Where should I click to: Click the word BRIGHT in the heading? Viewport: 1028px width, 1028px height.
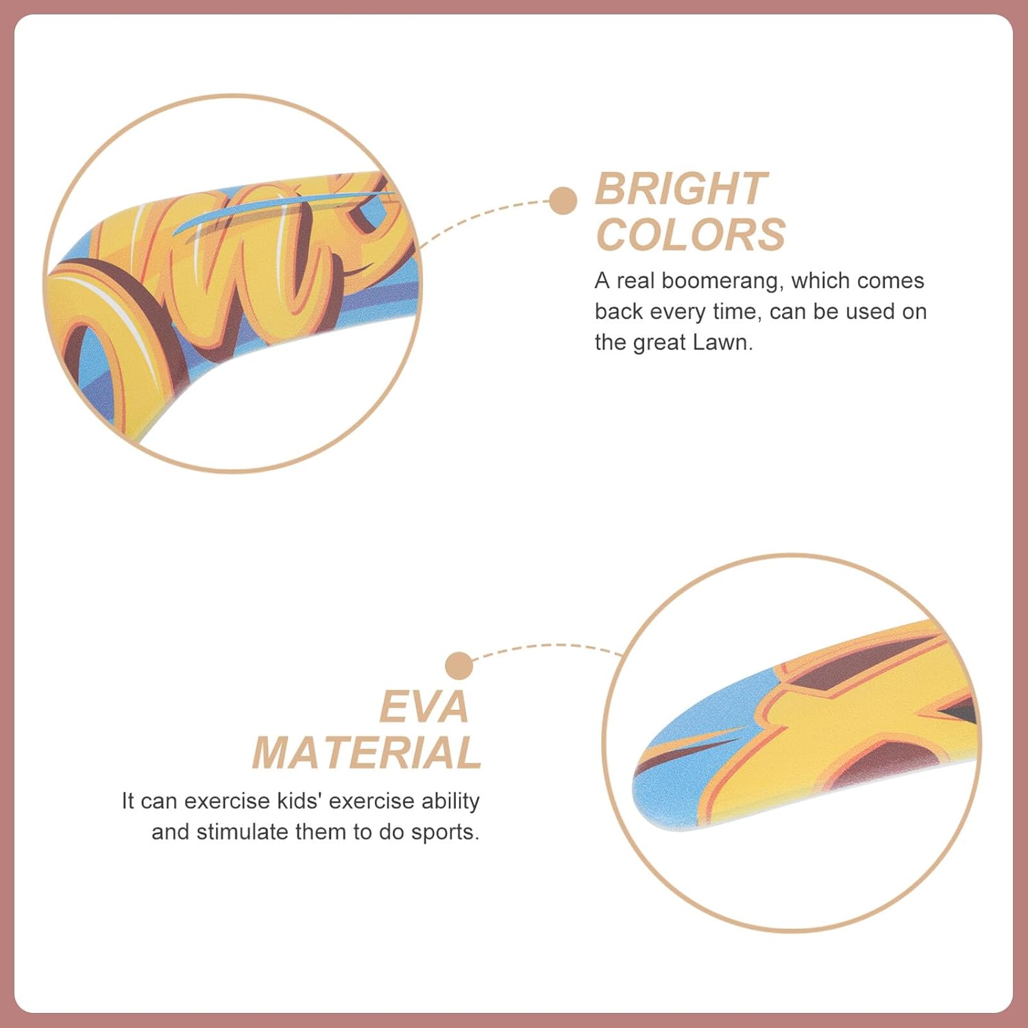[x=681, y=188]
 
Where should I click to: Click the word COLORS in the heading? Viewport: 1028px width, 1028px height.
[x=691, y=235]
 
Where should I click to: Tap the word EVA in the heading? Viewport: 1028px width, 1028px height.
[x=424, y=707]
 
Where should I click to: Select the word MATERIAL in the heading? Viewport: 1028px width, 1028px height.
[x=367, y=753]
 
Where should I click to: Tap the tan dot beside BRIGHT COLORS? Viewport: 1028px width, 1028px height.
[x=563, y=201]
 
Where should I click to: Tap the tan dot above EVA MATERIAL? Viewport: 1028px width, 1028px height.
[x=458, y=666]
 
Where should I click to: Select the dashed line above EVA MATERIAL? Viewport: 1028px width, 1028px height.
[x=548, y=646]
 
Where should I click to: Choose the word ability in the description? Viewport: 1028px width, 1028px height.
[x=450, y=800]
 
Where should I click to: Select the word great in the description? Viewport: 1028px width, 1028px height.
[x=659, y=342]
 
